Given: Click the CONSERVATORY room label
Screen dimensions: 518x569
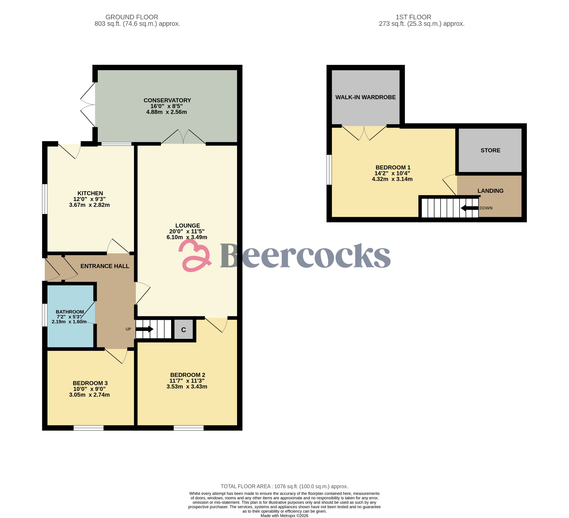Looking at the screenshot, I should coord(167,101).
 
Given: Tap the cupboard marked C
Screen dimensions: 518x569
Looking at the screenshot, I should coord(183,330).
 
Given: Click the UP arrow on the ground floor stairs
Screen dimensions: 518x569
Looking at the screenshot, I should coord(144,329).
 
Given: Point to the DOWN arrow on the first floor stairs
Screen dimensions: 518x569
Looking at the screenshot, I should coord(469,208).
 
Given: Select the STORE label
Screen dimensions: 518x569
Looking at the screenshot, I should coord(490,150).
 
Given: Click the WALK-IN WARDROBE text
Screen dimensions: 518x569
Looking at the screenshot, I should coord(365,97).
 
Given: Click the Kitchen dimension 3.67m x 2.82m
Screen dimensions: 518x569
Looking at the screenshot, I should coord(89,205).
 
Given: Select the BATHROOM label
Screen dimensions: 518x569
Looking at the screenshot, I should coord(70,312).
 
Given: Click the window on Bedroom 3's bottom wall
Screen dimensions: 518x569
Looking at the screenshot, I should coord(88,428).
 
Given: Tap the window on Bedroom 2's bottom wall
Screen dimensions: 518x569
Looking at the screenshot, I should coord(189,428).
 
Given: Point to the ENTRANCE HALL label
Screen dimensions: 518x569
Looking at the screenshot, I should coord(105,266).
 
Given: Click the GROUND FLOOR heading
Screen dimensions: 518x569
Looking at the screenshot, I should coord(131,17).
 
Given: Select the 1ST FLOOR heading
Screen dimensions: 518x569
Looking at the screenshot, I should coord(413,17).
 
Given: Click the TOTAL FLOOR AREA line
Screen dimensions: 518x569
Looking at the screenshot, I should coord(284,486).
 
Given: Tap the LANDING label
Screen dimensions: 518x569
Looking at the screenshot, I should coord(490,191).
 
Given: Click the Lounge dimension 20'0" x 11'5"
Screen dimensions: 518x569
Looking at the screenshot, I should coord(187,231).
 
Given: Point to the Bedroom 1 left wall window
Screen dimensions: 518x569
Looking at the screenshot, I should coord(329,170).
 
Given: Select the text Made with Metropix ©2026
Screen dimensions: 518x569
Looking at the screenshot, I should coord(284,515).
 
